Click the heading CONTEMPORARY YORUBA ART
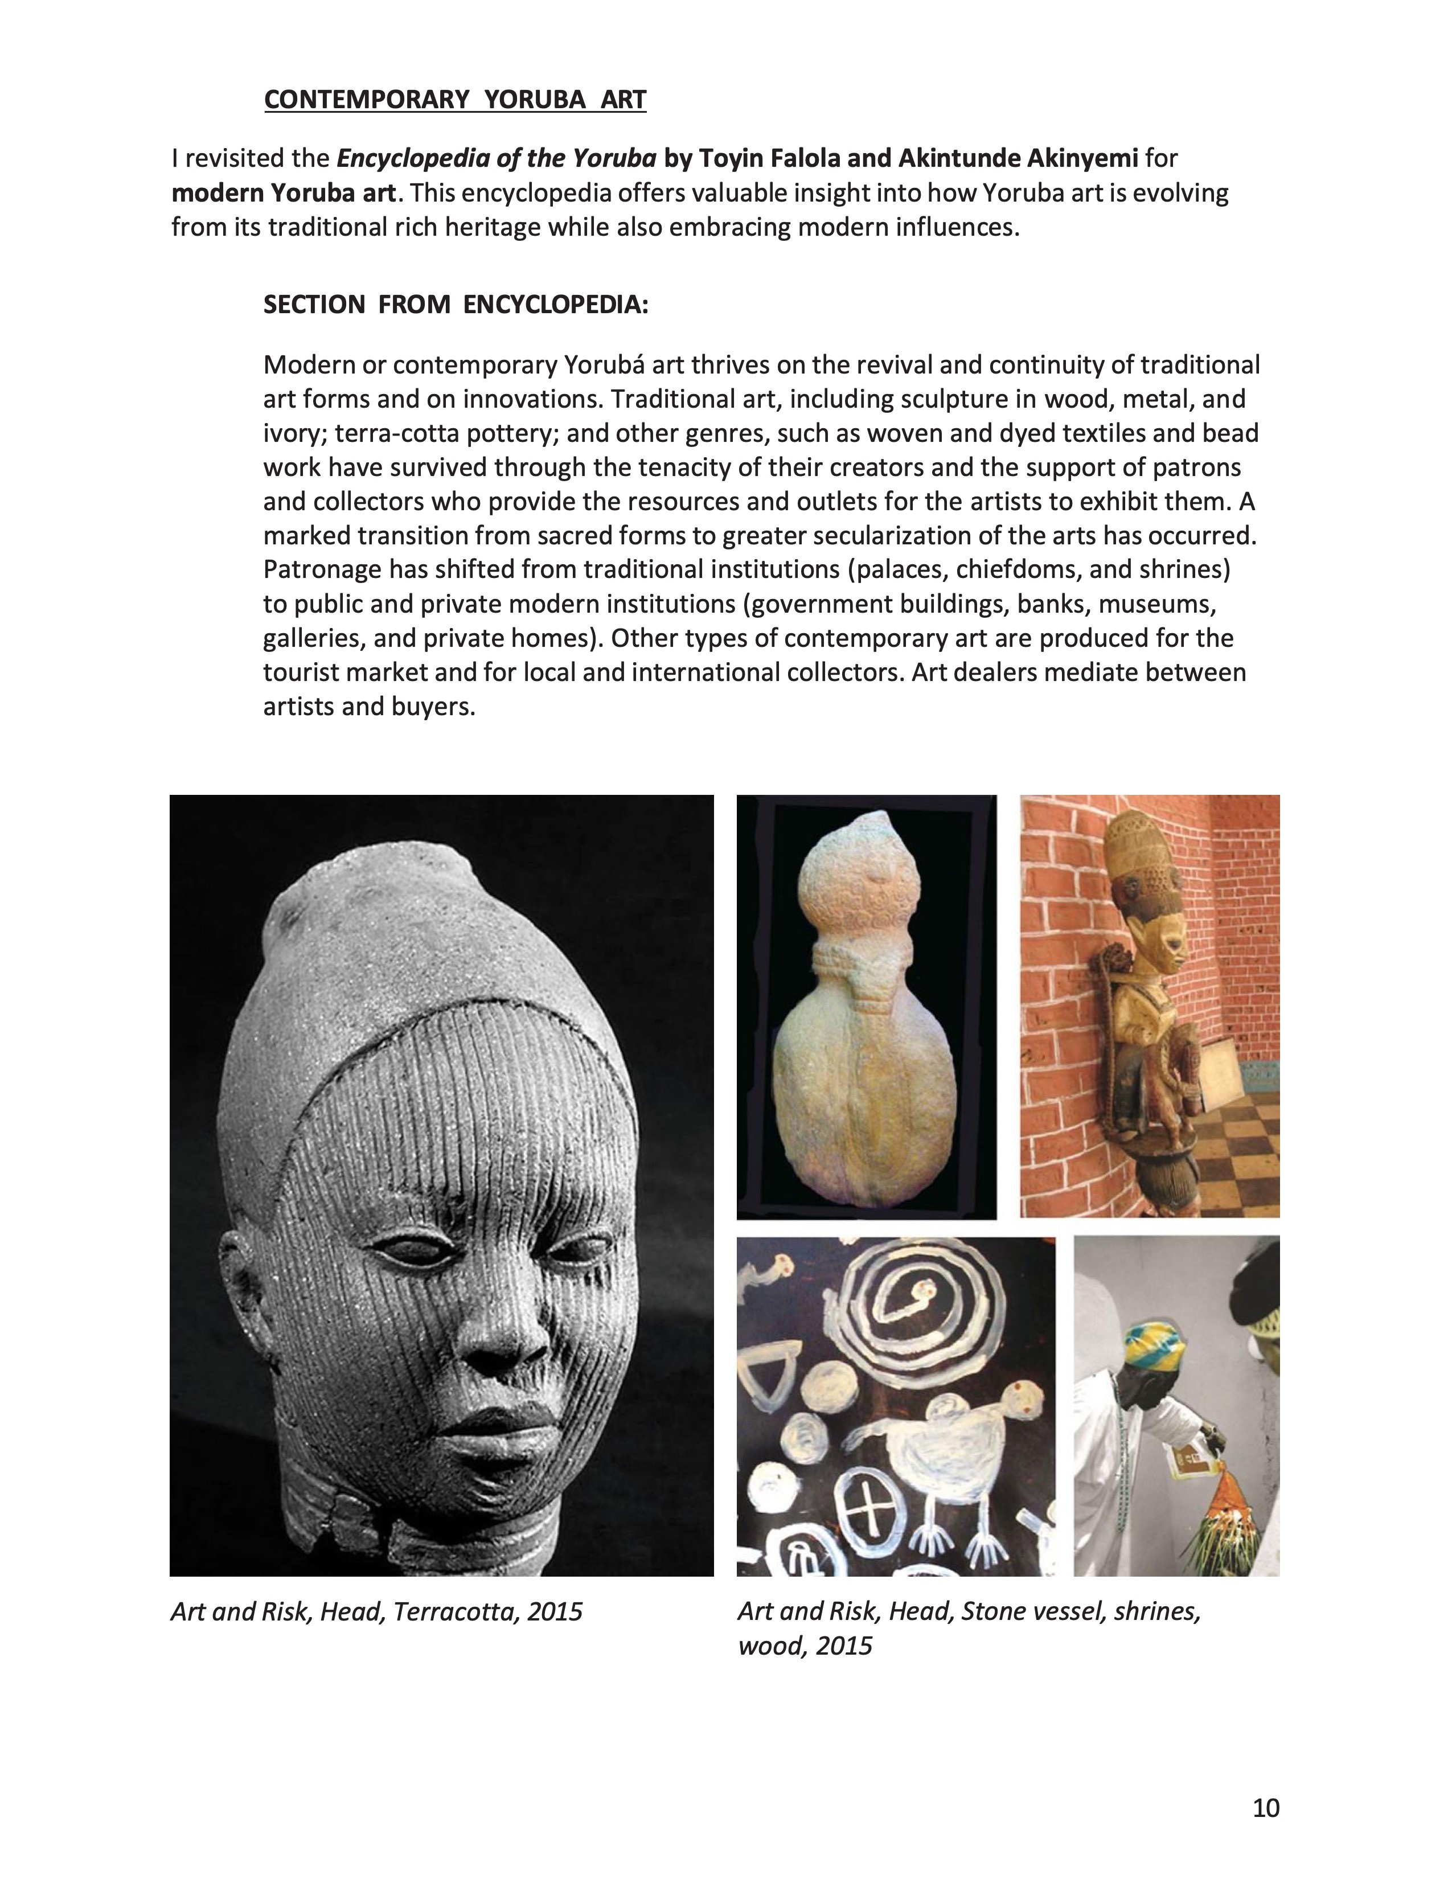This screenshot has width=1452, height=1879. pos(454,100)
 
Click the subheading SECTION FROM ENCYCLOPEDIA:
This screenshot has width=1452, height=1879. pos(455,305)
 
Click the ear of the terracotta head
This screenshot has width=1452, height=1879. pos(236,1282)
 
